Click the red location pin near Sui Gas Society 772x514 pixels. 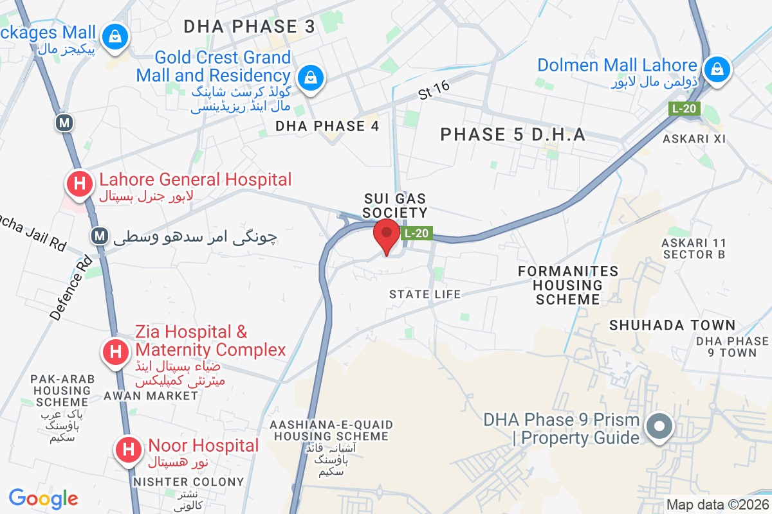point(387,235)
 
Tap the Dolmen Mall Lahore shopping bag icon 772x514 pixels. point(715,68)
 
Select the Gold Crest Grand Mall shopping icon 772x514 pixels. point(311,78)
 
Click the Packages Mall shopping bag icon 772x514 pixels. point(115,35)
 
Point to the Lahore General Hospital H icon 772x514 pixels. point(80,183)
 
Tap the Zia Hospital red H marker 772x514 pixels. point(116,351)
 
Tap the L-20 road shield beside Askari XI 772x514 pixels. point(684,109)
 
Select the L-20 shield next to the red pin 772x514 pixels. point(416,234)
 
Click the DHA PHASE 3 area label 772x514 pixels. point(250,26)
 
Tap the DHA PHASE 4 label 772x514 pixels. point(327,126)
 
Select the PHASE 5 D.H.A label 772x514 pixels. point(513,134)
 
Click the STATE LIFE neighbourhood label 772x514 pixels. point(425,294)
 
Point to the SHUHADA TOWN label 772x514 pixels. point(672,325)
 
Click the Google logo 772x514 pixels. point(43,498)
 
